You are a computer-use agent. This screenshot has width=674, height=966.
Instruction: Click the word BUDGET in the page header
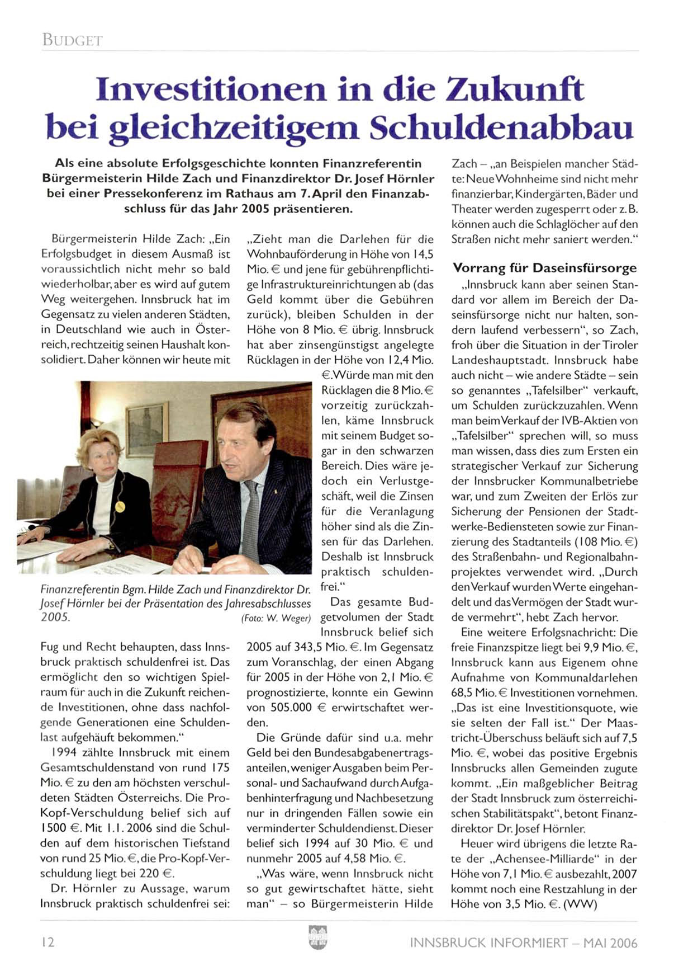[x=72, y=40]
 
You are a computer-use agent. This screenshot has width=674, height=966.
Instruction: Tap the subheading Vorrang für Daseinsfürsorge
[x=544, y=267]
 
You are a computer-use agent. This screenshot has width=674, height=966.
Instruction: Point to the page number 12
[x=48, y=942]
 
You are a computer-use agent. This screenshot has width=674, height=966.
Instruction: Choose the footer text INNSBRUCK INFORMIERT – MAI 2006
[x=523, y=943]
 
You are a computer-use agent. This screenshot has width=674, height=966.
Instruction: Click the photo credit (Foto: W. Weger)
[x=276, y=618]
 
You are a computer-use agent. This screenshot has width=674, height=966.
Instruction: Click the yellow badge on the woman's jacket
[x=120, y=506]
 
